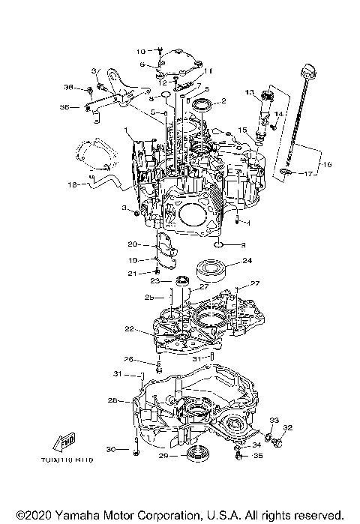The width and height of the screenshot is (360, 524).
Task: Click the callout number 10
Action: pos(141,51)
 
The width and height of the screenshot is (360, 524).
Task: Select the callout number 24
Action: pos(247,261)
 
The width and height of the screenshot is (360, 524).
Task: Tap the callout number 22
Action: pos(130,329)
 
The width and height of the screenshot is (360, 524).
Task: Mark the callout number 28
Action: pos(112,400)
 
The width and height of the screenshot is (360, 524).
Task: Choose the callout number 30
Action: pos(112,449)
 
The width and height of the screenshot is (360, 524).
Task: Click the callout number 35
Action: pos(259,455)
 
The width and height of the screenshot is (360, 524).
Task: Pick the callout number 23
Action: pos(156,280)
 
